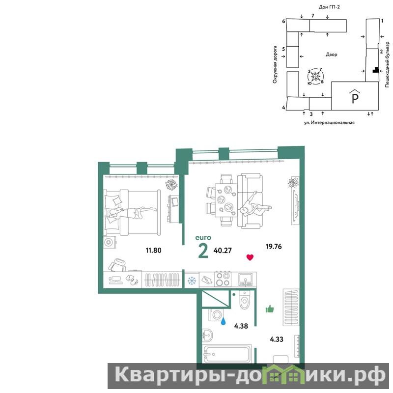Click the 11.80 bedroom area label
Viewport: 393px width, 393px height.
153,250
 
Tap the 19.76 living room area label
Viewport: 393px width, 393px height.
274,247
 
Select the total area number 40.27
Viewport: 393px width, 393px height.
223,251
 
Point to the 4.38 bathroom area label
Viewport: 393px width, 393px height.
241,326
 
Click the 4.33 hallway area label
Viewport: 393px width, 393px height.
277,339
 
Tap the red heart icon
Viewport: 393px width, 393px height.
250,257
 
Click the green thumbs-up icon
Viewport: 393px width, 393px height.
270,309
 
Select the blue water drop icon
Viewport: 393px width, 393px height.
223,321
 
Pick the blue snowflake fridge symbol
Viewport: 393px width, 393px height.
192,281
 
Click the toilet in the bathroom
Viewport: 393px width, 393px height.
244,300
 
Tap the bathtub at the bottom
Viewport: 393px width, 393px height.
227,354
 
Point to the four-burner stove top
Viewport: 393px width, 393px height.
223,279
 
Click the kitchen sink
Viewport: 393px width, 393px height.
245,280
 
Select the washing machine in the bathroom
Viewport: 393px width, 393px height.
216,315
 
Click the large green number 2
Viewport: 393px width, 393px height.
203,251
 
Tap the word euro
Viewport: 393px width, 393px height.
203,238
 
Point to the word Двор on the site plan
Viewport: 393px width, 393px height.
331,55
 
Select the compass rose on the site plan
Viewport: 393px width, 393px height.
315,76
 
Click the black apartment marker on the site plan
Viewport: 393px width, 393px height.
375,70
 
